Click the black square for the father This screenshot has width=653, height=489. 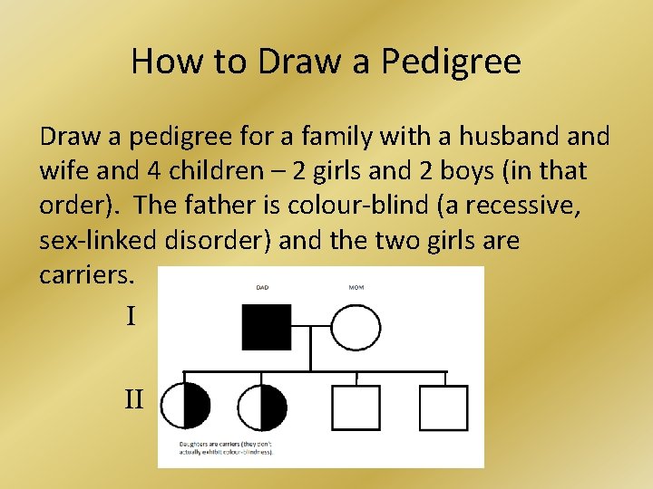[x=267, y=327]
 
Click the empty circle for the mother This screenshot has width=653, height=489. [x=356, y=327]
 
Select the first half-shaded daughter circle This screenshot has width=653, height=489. [x=184, y=407]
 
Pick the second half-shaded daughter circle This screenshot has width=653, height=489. [x=261, y=407]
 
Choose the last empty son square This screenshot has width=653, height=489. [x=443, y=407]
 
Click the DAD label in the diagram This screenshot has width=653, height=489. [x=262, y=288]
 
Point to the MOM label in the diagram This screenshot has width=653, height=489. [x=356, y=288]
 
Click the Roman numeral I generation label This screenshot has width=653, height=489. [x=131, y=317]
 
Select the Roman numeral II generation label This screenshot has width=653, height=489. [x=134, y=398]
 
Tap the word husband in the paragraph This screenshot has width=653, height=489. [x=495, y=137]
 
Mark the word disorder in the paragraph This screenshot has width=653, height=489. [x=198, y=240]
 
